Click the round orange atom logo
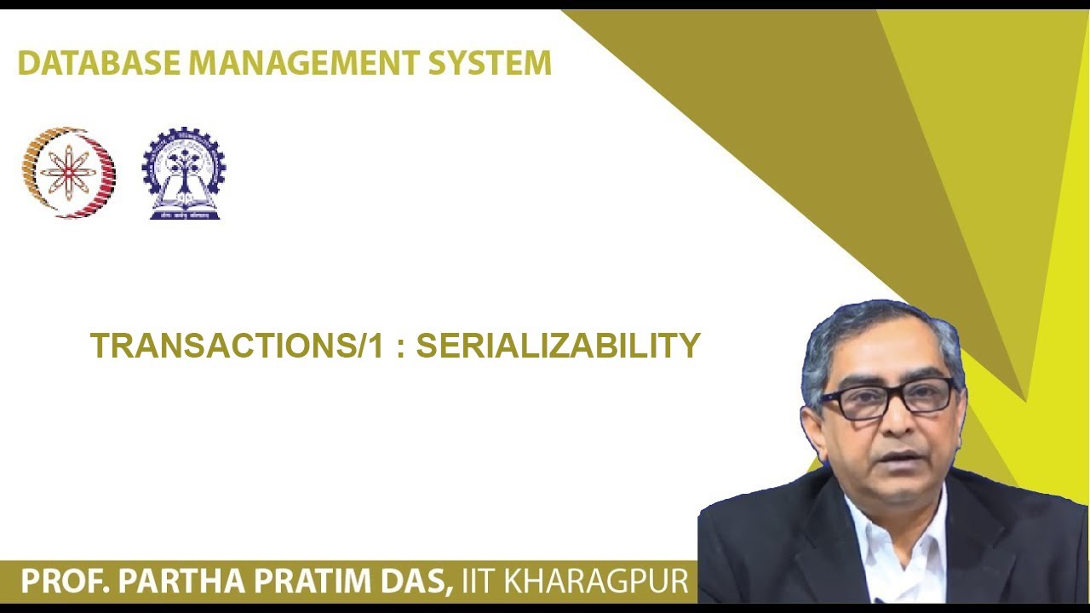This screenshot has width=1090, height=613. [69, 173]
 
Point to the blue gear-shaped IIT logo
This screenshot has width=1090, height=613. [184, 174]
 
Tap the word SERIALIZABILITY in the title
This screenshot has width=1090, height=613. [558, 346]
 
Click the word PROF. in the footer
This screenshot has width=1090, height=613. [63, 581]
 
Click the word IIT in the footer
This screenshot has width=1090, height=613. [480, 581]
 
